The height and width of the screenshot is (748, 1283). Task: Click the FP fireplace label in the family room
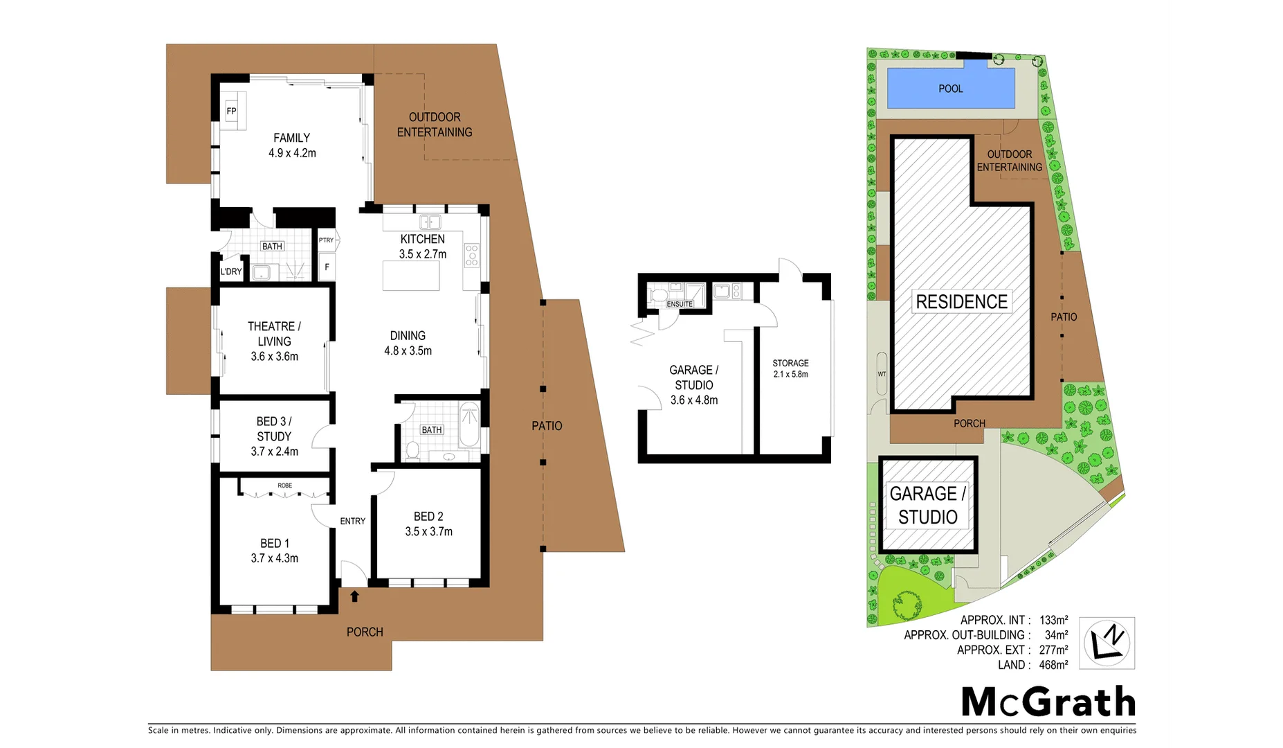231,111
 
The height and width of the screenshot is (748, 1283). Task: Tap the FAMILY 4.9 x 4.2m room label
292,145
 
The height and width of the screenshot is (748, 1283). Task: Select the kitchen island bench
411,276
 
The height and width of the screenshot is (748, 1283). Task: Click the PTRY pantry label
326,240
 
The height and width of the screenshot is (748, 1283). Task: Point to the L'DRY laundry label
231,271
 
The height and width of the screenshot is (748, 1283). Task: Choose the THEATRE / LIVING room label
274,341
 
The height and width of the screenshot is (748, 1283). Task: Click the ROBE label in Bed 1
284,486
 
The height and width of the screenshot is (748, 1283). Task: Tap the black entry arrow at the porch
354,596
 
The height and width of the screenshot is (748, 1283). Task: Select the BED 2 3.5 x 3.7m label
428,524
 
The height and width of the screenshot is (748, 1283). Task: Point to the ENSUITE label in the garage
679,304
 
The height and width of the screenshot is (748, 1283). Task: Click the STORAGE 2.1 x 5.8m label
790,368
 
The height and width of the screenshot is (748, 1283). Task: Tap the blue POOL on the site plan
950,89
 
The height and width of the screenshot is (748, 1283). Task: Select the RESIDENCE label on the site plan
961,302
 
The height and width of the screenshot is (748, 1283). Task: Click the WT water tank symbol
882,374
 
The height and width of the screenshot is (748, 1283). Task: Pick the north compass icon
1107,642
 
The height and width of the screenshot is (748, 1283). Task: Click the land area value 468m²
1053,665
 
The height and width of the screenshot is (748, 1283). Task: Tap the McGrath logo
1048,702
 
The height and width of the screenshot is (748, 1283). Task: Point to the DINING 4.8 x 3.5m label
408,343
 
